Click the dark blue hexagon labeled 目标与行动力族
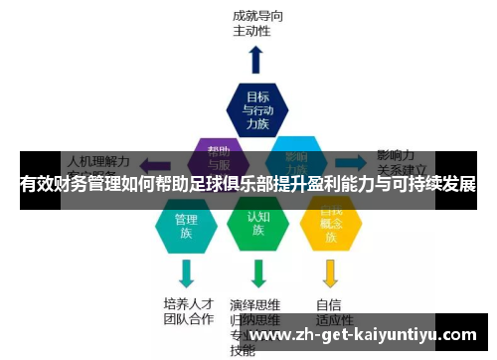pos(257,109)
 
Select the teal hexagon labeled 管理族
pos(186,227)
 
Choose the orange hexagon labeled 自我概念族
pos(330,227)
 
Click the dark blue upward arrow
pos(256,60)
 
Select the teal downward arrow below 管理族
pos(186,272)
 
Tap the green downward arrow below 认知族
pos(258,272)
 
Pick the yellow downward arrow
pos(330,272)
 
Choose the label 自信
pos(329,303)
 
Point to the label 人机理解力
pos(97,158)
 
